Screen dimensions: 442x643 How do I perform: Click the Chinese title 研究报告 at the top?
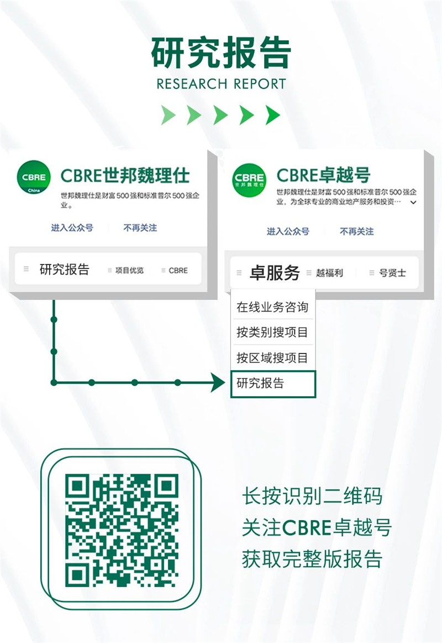tap(221, 53)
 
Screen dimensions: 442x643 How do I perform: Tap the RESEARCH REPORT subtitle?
tap(221, 84)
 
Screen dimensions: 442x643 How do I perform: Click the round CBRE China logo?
tap(34, 177)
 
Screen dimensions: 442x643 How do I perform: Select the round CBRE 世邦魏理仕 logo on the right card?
tap(249, 180)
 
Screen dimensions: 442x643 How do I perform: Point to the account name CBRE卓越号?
tap(323, 175)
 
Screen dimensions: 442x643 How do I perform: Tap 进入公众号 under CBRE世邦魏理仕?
tap(72, 227)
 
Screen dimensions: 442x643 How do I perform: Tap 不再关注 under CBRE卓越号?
tap(356, 232)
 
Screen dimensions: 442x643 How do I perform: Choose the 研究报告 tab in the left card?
tap(64, 269)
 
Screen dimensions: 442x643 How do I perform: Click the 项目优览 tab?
tap(129, 270)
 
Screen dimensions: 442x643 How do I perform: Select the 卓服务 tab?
tap(275, 273)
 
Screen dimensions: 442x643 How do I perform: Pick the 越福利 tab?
tap(329, 273)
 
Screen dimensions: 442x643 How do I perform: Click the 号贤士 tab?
tap(392, 273)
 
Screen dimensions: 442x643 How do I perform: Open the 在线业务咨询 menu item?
tap(272, 307)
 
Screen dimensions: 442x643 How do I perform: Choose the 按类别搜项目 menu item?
tap(272, 332)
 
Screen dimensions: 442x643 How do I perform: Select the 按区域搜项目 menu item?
tap(272, 357)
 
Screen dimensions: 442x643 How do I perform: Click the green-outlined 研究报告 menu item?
tap(273, 384)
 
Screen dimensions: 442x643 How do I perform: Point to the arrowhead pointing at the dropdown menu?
tap(218, 382)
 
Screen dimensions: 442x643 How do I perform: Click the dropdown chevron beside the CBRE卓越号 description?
tap(413, 202)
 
